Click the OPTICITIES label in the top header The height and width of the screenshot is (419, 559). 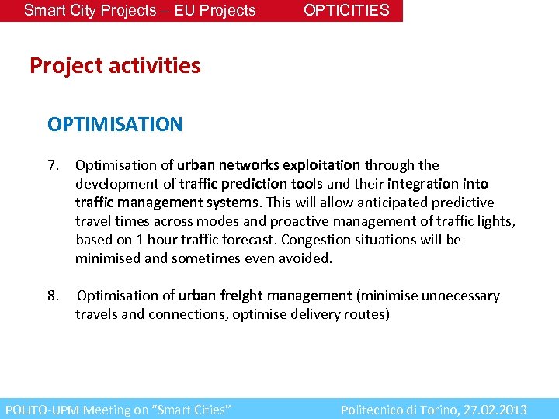[346, 10]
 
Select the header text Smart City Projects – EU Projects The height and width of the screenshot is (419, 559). [140, 10]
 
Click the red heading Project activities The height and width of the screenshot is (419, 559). [115, 66]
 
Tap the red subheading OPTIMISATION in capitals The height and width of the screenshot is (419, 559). [115, 124]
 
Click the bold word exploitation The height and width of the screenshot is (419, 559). [321, 165]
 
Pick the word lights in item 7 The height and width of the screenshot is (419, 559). [497, 221]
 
